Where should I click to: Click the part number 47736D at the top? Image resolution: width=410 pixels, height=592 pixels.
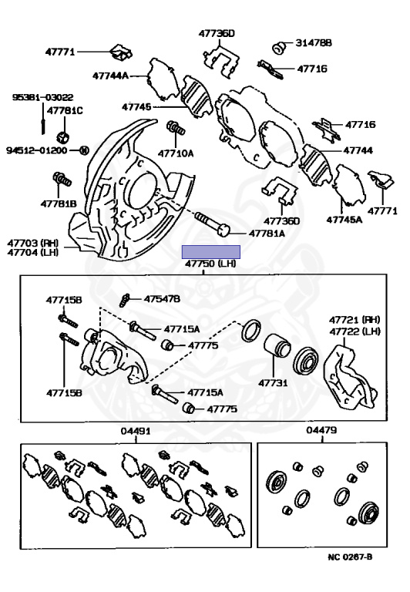coord(217,34)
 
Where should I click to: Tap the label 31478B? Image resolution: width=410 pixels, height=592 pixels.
coord(314,43)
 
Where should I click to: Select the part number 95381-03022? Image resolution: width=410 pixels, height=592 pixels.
coord(42,97)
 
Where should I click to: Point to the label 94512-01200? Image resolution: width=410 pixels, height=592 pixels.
coord(37,150)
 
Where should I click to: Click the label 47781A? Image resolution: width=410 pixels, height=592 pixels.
coord(267,234)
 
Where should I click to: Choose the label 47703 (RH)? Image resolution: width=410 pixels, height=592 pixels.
coord(33,242)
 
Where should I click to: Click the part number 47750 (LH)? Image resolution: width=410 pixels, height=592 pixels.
coord(210,263)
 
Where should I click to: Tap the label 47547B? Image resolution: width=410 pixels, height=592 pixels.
coord(162,299)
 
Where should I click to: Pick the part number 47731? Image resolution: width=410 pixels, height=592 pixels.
coord(273,383)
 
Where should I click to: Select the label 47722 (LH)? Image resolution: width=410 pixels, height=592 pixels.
coord(355,331)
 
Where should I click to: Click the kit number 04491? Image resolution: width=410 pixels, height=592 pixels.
coord(136,431)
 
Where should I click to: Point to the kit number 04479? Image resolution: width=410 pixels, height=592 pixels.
coord(321,430)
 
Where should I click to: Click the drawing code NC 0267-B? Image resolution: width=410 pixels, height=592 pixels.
coord(350,557)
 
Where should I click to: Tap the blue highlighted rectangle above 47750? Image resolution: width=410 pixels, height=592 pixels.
coord(211,252)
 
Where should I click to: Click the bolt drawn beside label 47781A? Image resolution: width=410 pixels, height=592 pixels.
coord(213,224)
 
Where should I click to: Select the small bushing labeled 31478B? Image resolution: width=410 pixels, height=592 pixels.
coord(280,47)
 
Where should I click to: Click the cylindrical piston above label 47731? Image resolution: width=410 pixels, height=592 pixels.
coord(277,346)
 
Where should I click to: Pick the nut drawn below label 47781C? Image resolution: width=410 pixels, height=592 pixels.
coord(63,137)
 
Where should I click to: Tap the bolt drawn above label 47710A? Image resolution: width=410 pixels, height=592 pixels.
coord(176,127)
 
